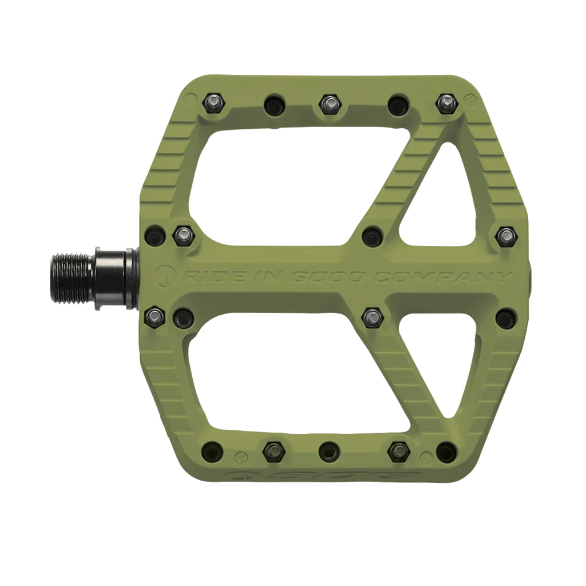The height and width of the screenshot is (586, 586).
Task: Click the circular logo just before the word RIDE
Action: point(167,276)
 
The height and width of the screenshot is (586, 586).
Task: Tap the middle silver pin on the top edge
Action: point(328,104)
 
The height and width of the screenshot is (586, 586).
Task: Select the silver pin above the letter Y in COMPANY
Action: point(506,236)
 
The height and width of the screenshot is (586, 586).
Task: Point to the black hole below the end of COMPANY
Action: point(506,318)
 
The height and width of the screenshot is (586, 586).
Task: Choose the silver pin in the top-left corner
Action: point(212,103)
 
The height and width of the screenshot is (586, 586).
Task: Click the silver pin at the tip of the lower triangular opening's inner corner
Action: point(373,316)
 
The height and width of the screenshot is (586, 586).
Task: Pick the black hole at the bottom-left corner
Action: point(213,450)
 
